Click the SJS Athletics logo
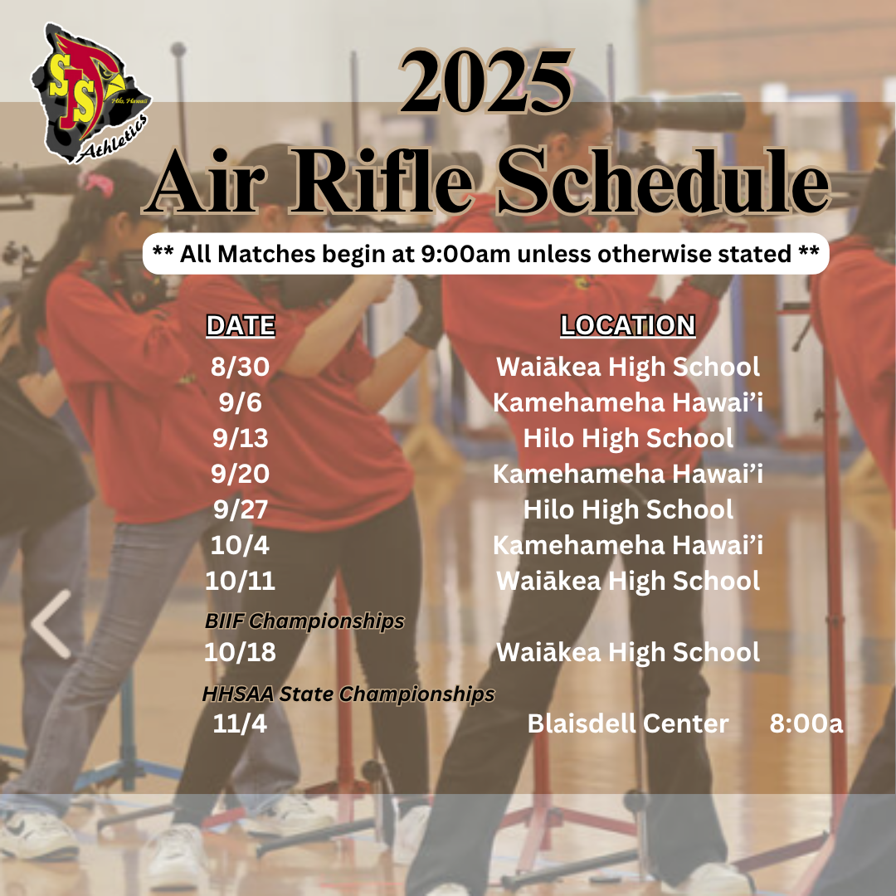click(91, 93)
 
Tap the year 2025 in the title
click(486, 81)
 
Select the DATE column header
click(241, 326)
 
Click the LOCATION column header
click(627, 326)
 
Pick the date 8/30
click(240, 367)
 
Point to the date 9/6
click(240, 403)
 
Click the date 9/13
click(240, 438)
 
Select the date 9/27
click(240, 509)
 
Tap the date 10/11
click(240, 581)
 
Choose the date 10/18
click(240, 653)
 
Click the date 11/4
click(240, 724)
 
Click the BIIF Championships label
click(304, 621)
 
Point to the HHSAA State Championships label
click(348, 694)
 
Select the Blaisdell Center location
click(627, 724)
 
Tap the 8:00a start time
click(806, 724)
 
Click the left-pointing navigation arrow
click(51, 624)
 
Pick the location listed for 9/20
click(627, 475)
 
